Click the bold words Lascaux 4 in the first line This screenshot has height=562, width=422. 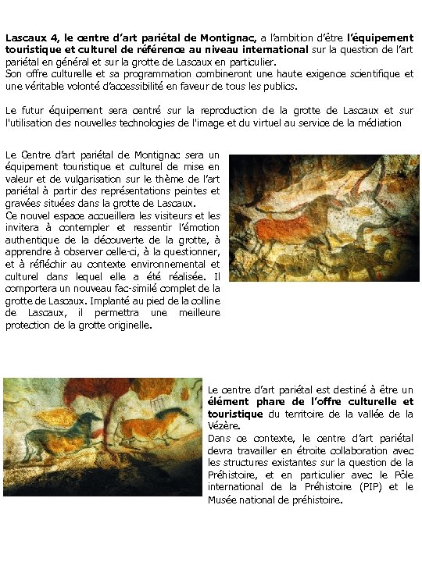[30, 37]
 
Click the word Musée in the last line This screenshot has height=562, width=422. [224, 500]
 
